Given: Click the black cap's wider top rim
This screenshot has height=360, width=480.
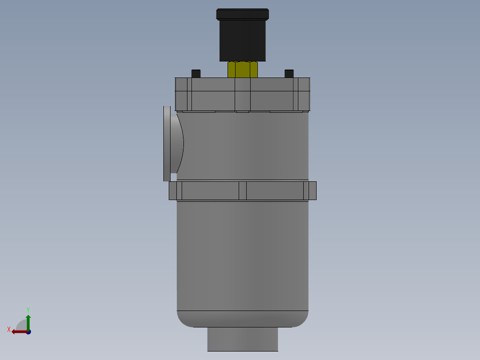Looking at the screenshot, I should (243, 14).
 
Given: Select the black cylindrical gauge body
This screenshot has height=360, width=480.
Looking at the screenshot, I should (243, 41).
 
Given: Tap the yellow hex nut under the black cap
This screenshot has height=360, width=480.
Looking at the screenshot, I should (243, 70).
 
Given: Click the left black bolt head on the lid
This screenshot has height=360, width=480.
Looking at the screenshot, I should (196, 74).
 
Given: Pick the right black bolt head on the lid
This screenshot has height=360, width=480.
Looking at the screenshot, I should (289, 74).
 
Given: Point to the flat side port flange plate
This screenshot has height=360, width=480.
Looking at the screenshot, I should (167, 143).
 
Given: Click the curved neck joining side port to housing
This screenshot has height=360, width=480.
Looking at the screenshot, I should (178, 143).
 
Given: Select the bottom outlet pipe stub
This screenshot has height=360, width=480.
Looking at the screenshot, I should (243, 339).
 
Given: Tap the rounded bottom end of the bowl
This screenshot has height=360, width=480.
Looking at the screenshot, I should (243, 319).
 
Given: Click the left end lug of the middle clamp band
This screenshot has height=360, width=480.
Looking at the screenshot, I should (175, 191).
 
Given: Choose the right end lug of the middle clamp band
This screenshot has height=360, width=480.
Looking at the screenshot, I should (310, 191).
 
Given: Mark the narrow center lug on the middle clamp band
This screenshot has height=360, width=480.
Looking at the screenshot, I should (243, 191).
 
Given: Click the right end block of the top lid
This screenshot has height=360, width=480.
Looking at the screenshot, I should (302, 94).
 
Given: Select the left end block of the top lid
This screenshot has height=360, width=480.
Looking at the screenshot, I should (183, 94).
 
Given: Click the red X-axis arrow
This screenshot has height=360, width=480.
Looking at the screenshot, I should (18, 331).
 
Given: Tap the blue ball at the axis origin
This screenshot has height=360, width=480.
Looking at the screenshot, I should (28, 332).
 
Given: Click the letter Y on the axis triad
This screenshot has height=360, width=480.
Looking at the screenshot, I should (28, 309).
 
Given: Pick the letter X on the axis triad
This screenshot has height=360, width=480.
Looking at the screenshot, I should (8, 330).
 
